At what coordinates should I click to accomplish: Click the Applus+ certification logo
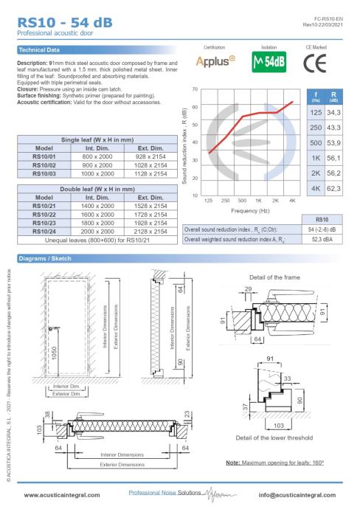[215, 60]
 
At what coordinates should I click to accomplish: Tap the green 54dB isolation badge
[269, 62]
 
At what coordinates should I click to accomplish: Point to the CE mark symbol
[315, 63]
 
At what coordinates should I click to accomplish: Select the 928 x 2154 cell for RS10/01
[150, 156]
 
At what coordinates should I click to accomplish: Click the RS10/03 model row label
[44, 173]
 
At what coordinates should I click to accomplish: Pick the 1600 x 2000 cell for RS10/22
[97, 215]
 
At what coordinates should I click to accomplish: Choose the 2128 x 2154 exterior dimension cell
[150, 232]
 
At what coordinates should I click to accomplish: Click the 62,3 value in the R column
[333, 189]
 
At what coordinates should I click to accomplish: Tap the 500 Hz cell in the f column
[316, 143]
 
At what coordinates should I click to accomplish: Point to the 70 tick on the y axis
[195, 89]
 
